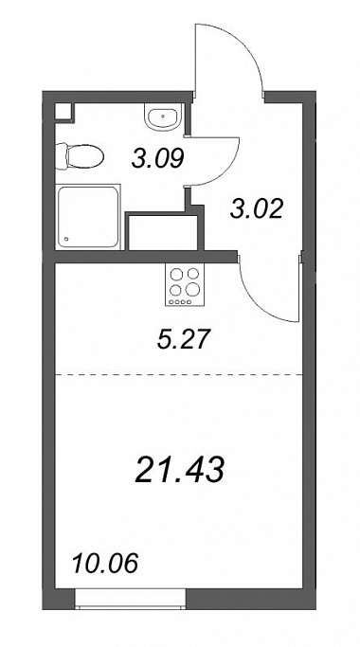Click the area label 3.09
coord(157,158)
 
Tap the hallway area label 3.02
coord(257,208)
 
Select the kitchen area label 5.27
coord(183,340)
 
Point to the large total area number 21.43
coord(180,471)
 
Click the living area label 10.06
coord(105,564)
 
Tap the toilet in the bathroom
coord(80,156)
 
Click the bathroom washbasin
coord(164,117)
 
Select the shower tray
coord(88,218)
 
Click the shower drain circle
coord(67,239)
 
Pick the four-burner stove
coord(185,285)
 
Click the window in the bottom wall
coord(131,599)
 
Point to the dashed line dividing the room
coord(179,375)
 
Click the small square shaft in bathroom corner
coord(64,112)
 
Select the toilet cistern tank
coord(61,156)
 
